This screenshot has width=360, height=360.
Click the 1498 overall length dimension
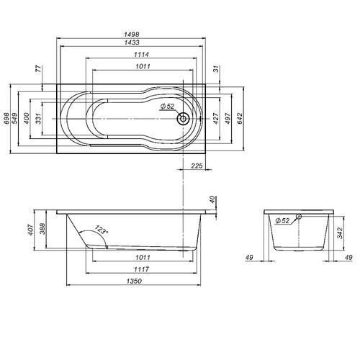pos(132,35)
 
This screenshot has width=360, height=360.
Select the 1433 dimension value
pos(132,42)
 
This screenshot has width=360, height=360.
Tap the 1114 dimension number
pos(141,55)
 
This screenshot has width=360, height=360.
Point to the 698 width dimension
pos(6,118)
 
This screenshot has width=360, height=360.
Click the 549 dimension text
pos(14,118)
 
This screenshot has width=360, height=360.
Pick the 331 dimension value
pos(38,118)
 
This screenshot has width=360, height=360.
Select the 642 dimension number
pos(240,118)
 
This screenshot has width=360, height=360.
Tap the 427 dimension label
pos(216,118)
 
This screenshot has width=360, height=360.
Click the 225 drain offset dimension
pos(197,166)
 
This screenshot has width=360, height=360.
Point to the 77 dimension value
pos(38,69)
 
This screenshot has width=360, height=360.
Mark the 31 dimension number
pos(216,69)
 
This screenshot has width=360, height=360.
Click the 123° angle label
pos(102,230)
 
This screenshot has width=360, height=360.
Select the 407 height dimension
pos(30,230)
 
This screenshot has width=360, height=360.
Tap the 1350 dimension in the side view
pos(134,281)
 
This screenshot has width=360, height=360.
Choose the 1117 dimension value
pos(141,269)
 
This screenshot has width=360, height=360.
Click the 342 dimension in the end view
pos(340,233)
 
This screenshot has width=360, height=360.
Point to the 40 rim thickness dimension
pos(212,199)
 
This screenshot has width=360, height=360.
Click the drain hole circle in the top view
pos(183,118)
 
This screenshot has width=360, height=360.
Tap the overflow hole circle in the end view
pos(299,216)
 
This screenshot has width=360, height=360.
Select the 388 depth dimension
pos(42,230)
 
